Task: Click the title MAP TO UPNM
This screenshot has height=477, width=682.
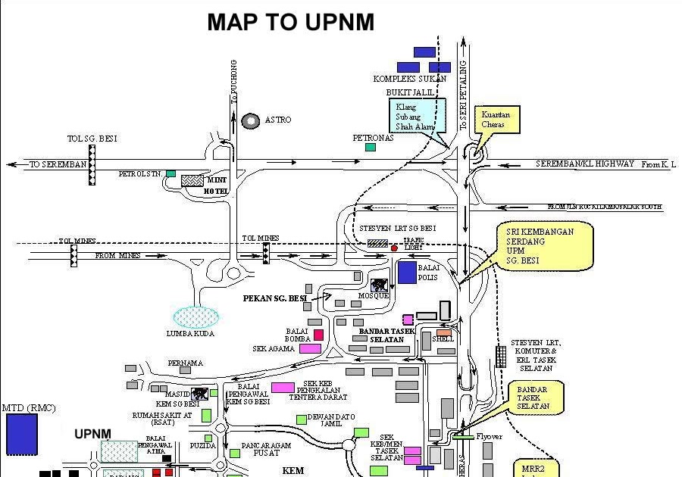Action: (290, 23)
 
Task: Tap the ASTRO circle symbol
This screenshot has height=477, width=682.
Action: (250, 120)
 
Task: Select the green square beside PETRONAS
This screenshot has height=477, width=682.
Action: (370, 147)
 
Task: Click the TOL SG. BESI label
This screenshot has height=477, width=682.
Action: (92, 139)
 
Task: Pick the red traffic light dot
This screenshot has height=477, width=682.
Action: (394, 248)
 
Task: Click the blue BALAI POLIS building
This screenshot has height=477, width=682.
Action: (407, 273)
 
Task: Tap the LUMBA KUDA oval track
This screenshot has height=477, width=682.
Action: (196, 316)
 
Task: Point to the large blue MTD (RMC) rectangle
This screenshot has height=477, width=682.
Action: (21, 434)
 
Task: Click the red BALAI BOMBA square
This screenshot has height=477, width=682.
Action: (318, 335)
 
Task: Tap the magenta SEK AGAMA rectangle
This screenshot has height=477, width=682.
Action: (310, 348)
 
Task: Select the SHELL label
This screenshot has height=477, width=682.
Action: (443, 339)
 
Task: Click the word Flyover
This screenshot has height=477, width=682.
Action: (489, 437)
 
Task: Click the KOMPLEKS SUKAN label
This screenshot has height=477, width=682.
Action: (410, 79)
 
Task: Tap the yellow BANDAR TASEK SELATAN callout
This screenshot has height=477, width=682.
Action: (537, 397)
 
